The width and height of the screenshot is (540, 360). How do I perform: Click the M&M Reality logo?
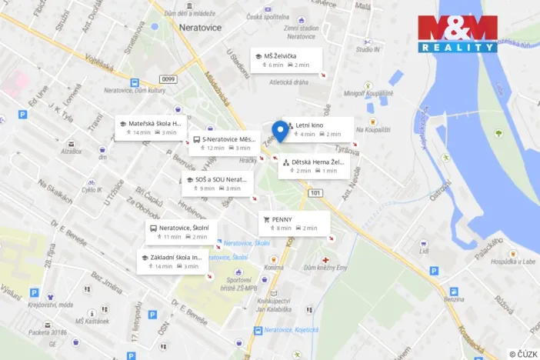(x=458, y=35)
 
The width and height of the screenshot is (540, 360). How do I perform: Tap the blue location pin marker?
(x=281, y=132)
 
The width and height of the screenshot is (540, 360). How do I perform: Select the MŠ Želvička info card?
(x=285, y=60)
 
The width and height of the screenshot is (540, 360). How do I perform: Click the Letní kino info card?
(x=318, y=128)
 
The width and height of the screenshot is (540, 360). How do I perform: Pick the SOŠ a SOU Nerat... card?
(x=215, y=183)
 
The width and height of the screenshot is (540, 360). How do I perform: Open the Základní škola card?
(x=172, y=261)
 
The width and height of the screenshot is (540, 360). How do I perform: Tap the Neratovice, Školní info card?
(x=182, y=232)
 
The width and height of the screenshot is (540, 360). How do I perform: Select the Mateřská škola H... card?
(x=150, y=127)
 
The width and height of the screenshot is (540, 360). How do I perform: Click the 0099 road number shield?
(x=168, y=78)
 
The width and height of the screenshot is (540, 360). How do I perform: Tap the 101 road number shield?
(x=316, y=192)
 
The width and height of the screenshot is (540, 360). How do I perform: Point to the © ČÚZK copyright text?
(x=522, y=353)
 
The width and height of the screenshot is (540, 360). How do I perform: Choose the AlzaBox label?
(x=72, y=151)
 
